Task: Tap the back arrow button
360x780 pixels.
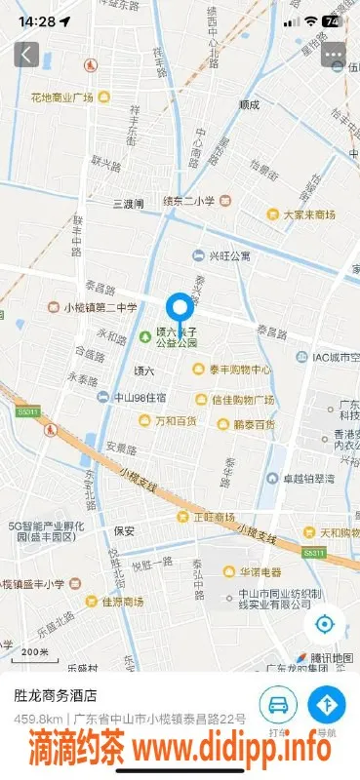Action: click(x=26, y=55)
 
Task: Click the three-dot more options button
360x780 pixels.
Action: click(x=335, y=55)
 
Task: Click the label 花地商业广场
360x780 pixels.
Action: click(x=61, y=97)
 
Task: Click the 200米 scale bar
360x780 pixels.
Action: click(x=34, y=652)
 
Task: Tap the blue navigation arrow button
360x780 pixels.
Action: click(x=327, y=705)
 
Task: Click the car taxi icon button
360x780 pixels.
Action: click(x=278, y=705)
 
